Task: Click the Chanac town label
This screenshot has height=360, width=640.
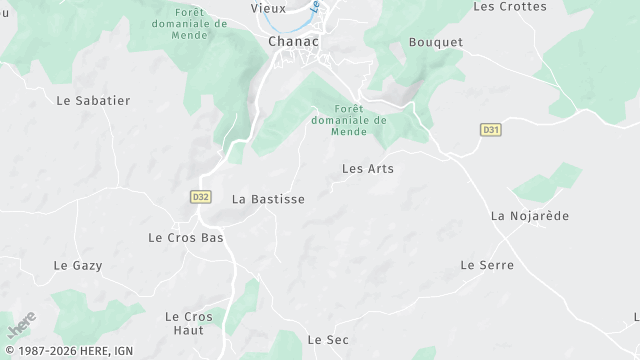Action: [x=293, y=42]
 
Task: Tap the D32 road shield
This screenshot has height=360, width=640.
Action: [x=199, y=197]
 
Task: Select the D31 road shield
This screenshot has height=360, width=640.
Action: [x=490, y=129]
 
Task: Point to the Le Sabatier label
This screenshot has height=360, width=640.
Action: [x=93, y=101]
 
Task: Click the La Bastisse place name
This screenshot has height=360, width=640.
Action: [x=268, y=199]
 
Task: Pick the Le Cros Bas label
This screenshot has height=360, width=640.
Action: [x=185, y=238]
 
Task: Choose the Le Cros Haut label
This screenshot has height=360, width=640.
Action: [x=189, y=323]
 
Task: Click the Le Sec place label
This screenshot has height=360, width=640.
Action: [x=328, y=340]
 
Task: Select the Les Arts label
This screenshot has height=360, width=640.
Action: [x=368, y=169]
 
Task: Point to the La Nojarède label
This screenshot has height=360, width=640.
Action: [x=530, y=216]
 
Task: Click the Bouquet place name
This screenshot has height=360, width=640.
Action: [x=436, y=42]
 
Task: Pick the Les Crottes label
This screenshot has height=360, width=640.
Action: [x=509, y=6]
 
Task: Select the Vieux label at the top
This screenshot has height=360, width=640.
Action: [x=268, y=8]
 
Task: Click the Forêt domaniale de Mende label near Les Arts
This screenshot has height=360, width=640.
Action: [x=348, y=120]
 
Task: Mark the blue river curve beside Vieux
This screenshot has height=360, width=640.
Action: [x=300, y=22]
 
